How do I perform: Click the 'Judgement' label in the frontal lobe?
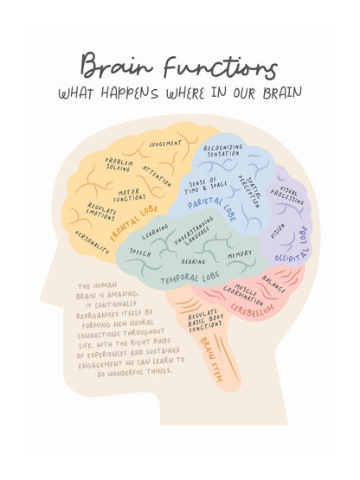[165, 144]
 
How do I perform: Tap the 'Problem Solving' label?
[119, 164]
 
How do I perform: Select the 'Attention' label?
[157, 176]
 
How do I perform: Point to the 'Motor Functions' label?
[130, 195]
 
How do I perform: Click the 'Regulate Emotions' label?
[101, 211]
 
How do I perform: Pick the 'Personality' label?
[92, 242]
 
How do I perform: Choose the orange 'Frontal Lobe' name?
[134, 223]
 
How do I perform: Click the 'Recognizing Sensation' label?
[222, 150]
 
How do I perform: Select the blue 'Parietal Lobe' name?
[212, 207]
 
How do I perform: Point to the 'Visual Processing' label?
[287, 196]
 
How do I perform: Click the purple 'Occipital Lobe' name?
[292, 245]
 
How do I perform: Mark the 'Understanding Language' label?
[195, 232]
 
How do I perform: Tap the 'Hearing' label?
[193, 261]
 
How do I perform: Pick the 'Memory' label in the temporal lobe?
[240, 254]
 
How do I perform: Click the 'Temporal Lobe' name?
[190, 278]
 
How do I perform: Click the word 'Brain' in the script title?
[117, 66]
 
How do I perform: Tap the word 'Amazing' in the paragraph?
[124, 295]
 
